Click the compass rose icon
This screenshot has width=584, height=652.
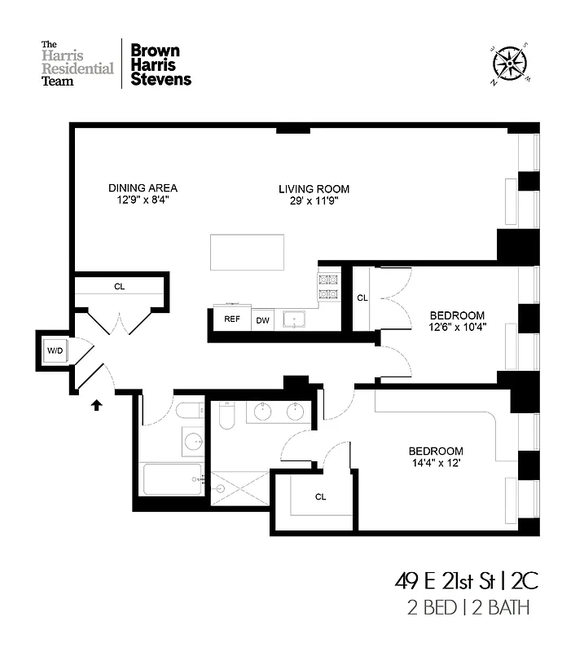510,64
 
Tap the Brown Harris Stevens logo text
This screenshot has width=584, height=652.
161,64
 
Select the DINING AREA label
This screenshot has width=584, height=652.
143,188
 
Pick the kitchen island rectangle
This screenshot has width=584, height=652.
248,252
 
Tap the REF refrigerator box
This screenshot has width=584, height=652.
232,319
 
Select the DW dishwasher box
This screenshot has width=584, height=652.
262,319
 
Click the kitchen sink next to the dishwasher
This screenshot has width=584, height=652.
292,319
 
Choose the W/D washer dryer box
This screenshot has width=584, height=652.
55,351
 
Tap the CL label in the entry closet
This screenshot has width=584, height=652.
119,287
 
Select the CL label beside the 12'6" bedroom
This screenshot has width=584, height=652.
362,298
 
